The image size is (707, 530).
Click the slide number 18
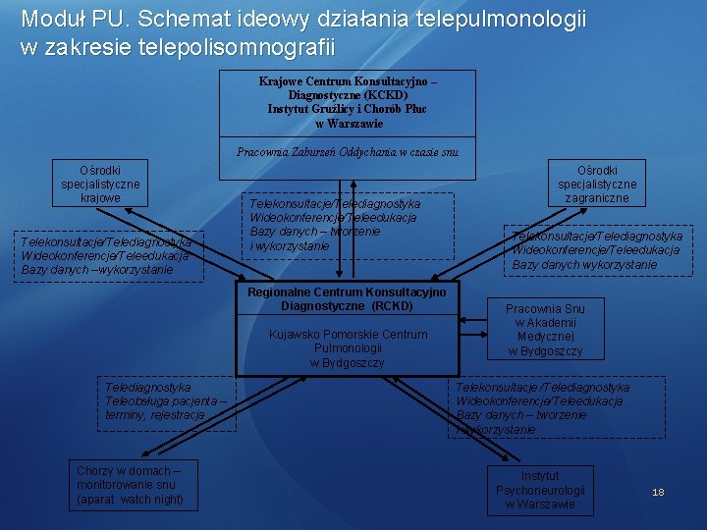pyautogui.click(x=658, y=492)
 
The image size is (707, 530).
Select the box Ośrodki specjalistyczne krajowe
pyautogui.click(x=100, y=184)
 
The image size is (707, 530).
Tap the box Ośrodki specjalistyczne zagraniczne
pyautogui.click(x=597, y=184)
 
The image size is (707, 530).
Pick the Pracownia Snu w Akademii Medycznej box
pyautogui.click(x=545, y=330)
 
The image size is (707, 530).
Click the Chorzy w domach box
pyautogui.click(x=130, y=485)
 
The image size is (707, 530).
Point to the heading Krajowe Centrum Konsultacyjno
pyautogui.click(x=347, y=81)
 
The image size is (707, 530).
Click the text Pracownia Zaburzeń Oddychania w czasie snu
pyautogui.click(x=347, y=151)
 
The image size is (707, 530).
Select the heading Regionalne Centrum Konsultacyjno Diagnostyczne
pyautogui.click(x=347, y=299)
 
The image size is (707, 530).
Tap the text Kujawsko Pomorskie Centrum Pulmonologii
pyautogui.click(x=348, y=342)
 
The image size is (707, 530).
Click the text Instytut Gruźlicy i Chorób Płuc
pyautogui.click(x=347, y=109)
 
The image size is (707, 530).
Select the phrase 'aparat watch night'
pyautogui.click(x=130, y=500)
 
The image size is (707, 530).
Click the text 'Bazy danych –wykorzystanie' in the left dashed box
pyautogui.click(x=97, y=269)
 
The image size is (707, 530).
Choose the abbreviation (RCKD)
pyautogui.click(x=392, y=306)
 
